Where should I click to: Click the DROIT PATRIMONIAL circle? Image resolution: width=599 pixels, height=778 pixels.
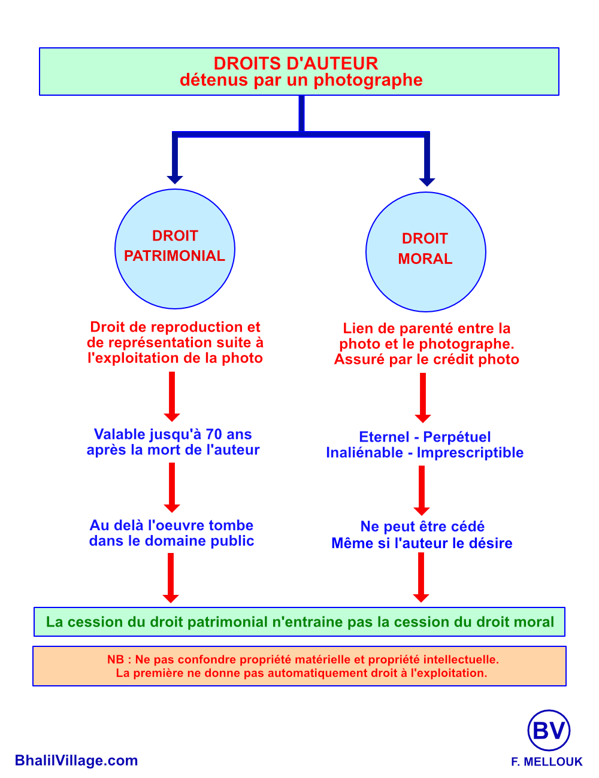coord(175,249)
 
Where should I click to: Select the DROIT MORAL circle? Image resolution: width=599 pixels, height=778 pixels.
coord(426,252)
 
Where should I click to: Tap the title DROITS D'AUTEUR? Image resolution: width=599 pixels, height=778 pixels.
coord(296,63)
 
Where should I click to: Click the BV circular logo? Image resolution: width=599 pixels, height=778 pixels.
coord(549,731)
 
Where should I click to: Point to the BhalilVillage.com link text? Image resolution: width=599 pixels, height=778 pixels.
coord(77,761)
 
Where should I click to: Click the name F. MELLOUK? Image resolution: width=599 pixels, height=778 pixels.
coord(546,762)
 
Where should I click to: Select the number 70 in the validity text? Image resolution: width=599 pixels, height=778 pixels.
coord(214,434)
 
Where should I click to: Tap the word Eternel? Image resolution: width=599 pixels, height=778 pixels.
coord(384,437)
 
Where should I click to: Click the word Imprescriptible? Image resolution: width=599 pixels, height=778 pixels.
coord(470,452)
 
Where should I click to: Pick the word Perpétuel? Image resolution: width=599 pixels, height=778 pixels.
coord(457,437)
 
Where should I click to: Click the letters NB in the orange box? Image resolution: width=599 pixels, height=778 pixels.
coord(116,660)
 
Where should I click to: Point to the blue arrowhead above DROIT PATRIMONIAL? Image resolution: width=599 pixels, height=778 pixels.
coord(175,179)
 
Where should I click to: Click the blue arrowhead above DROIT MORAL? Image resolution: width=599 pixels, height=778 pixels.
coord(427,181)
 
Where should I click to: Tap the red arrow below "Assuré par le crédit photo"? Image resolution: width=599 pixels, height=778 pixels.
coord(423,397)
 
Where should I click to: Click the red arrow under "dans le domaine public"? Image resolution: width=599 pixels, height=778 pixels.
coord(171,578)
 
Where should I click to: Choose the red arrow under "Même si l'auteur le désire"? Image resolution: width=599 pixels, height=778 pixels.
coord(421,577)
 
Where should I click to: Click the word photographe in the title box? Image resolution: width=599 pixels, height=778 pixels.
coord(368,80)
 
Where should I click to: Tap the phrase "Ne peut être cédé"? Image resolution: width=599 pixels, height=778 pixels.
coord(422,527)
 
